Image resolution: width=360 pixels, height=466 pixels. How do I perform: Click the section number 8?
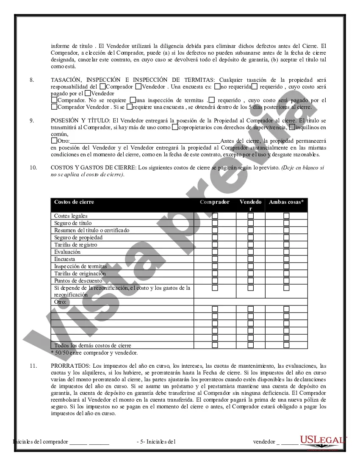click(32, 80)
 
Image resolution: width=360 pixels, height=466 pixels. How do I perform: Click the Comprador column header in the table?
click(215, 202)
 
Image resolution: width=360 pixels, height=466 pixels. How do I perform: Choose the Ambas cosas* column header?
click(286, 202)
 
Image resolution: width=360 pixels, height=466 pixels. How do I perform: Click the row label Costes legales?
click(71, 216)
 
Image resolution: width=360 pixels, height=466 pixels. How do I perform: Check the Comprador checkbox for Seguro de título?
click(215, 223)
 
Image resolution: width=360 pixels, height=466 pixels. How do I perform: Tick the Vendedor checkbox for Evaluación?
click(251, 252)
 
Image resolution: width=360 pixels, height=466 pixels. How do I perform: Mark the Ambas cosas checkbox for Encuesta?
click(286, 259)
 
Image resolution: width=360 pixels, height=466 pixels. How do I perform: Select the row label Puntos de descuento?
click(78, 280)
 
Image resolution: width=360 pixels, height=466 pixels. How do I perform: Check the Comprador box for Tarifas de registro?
click(215, 244)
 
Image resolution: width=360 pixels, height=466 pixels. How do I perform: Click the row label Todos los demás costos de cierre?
click(93, 345)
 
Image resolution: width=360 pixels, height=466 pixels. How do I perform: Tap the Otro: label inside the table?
click(61, 302)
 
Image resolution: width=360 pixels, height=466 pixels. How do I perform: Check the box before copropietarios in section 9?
click(174, 127)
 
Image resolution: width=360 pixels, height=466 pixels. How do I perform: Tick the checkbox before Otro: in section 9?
click(54, 141)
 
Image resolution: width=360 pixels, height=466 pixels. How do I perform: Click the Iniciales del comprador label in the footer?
click(41, 441)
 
